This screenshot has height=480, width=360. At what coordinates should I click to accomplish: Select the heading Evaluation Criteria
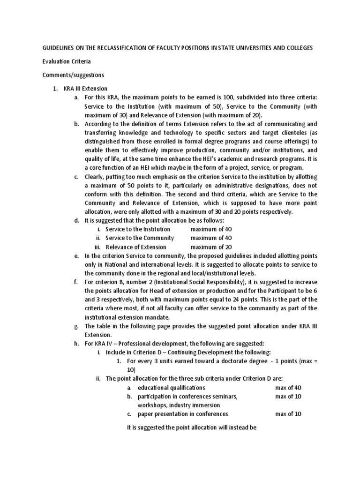67,61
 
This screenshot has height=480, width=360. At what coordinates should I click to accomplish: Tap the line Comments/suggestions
73,75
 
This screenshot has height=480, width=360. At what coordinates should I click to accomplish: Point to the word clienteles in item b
283,133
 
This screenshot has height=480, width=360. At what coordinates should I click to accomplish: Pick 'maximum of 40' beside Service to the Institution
211,229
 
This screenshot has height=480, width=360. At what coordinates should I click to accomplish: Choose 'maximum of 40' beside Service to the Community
211,238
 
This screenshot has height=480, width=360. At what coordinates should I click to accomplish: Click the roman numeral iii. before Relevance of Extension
98,247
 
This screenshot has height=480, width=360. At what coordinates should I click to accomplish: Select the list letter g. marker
76,326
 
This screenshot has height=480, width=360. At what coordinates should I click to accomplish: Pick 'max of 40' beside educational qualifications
288,388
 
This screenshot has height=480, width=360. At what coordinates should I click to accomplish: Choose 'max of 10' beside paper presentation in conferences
288,414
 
